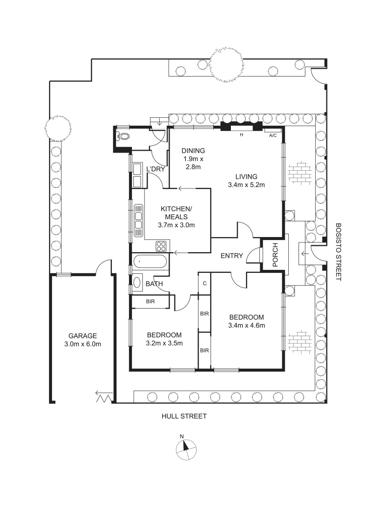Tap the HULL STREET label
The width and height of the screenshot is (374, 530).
point(184,416)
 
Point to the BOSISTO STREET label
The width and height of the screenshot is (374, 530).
point(338,252)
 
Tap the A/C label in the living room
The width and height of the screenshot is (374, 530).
point(273,135)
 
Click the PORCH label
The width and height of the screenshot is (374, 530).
point(275,255)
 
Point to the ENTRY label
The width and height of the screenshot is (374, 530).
point(232,256)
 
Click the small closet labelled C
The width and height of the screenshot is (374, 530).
point(204,283)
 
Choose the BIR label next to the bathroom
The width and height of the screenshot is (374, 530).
point(150,301)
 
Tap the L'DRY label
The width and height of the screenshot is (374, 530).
point(155,169)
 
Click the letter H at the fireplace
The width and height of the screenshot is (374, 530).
point(241,135)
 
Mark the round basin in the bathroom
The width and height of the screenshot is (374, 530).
point(137,283)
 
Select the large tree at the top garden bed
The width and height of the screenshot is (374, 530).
point(225,65)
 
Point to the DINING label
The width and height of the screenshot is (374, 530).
point(193,151)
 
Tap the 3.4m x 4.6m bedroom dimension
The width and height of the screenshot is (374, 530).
point(247,325)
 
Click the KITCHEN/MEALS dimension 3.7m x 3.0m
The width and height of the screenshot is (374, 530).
point(176,225)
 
